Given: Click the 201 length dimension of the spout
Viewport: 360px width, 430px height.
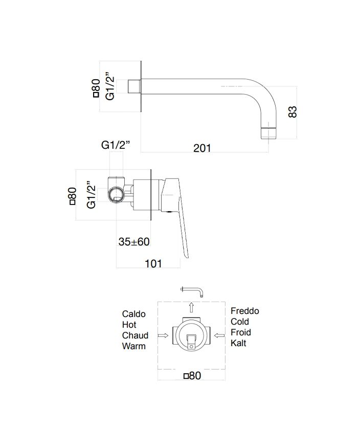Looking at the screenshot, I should pos(202,148).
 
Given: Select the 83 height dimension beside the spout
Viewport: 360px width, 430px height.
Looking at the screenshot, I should pos(293,111).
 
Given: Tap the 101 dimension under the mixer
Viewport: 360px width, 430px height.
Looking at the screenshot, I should pos(153,263).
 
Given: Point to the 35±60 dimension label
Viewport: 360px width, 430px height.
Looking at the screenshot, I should pos(133,242).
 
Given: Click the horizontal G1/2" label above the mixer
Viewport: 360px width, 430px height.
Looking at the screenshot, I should pos(116,145).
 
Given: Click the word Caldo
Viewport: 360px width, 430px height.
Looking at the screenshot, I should pos(134,313).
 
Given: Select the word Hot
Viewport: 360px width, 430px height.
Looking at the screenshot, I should pos(129,325).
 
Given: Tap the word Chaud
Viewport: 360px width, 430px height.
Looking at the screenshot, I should pos(135,335).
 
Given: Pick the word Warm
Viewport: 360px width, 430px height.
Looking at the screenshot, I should pos(133,346).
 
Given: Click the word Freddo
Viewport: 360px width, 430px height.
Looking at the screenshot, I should pos(244,311).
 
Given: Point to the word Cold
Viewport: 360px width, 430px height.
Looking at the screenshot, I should pos(240,322).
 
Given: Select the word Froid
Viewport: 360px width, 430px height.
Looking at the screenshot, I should pos(240,332).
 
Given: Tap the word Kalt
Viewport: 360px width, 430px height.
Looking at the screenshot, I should pos(238,343).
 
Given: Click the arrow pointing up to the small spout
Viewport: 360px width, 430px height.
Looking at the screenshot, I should pos(191,307).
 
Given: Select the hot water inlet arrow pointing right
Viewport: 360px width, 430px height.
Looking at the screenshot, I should pos(164,336).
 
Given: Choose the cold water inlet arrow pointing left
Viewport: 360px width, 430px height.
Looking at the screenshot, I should pos(219,336).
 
